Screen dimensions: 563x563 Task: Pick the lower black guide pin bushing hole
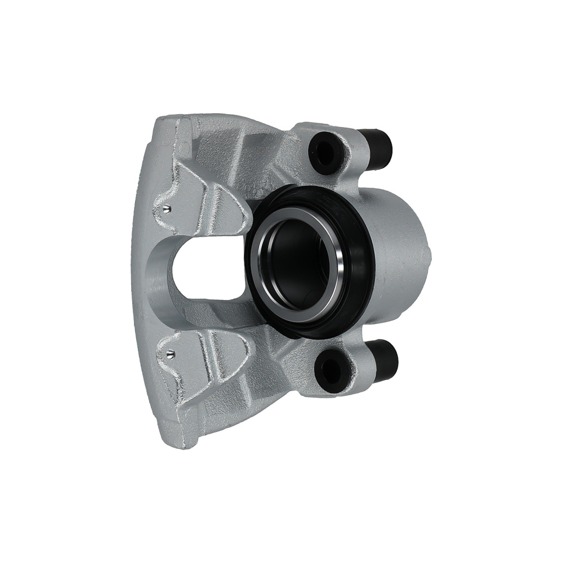click(328, 369)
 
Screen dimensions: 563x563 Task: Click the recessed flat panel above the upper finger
click(214, 146)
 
